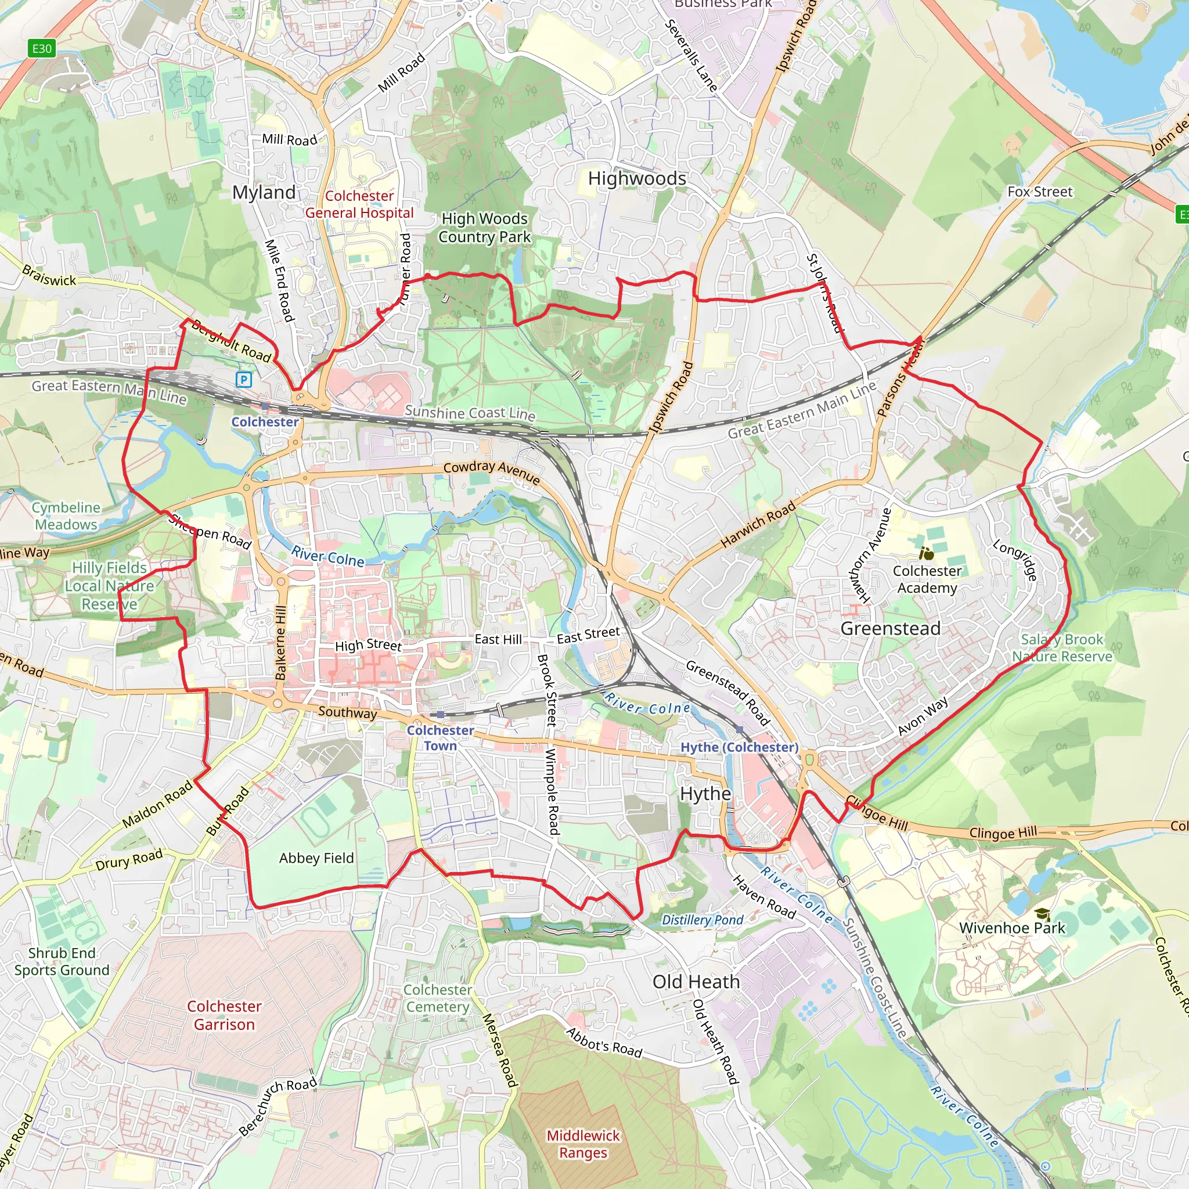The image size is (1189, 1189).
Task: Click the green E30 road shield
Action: pos(42,49)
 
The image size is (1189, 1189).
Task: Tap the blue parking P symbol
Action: pos(244,380)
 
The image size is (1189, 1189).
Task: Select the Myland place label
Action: pos(264,193)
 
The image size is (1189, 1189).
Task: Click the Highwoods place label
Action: pos(637,178)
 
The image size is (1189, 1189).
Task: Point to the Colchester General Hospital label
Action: pos(359,204)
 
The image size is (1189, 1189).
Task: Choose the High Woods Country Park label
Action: pos(484,228)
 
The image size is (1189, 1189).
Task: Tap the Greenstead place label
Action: pos(890,628)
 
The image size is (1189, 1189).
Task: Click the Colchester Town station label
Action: pos(440,738)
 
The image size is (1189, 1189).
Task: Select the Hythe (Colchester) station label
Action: pos(739,747)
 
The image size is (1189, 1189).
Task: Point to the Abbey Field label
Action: pos(316,858)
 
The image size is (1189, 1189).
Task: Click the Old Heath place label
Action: pos(696,982)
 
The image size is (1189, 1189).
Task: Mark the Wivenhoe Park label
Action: pos(1012,928)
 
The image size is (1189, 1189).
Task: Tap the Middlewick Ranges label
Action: pos(583,1144)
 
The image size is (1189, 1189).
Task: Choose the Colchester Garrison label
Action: pos(224,1015)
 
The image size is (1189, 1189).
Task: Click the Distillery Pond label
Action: pos(702,920)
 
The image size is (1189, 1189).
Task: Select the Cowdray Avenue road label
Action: pos(492,472)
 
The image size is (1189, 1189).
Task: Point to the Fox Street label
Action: pos(1039,192)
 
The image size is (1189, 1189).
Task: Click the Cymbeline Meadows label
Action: pos(66,516)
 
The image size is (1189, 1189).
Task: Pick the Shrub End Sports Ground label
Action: pos(62,961)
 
